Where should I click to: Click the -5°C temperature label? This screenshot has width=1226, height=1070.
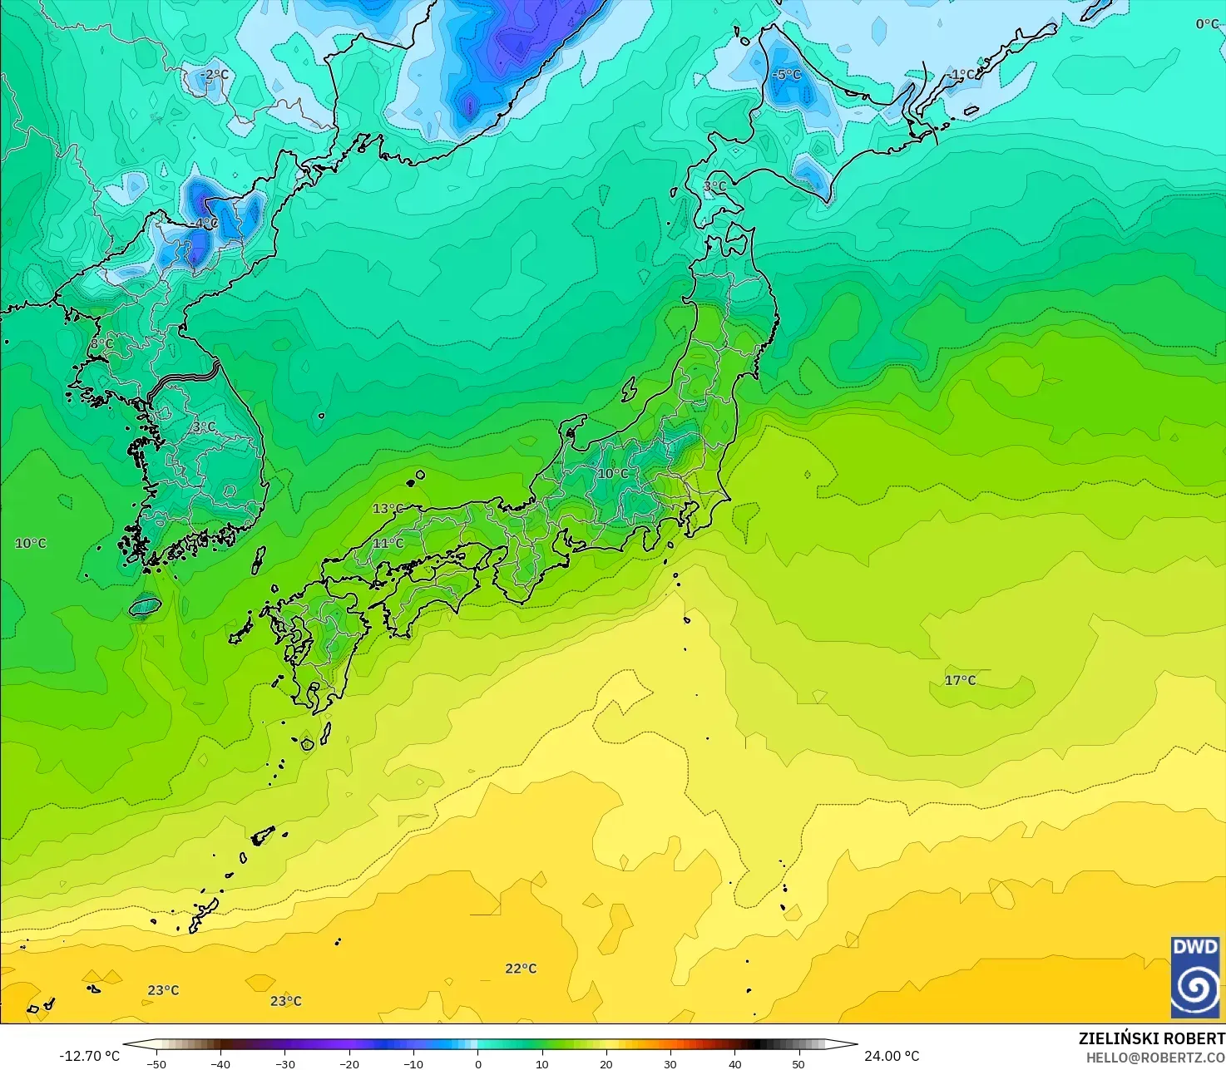786,75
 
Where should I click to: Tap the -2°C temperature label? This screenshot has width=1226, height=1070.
215,75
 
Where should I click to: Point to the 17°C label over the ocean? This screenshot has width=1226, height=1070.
960,680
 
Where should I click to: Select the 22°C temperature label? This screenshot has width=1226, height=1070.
521,969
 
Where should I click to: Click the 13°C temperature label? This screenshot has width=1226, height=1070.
388,509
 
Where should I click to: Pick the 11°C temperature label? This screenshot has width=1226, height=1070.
388,544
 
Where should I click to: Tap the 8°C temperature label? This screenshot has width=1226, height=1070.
101,343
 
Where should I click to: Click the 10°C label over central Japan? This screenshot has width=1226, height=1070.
613,474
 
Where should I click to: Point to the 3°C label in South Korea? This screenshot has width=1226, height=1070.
204,427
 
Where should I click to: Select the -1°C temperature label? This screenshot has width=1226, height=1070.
962,75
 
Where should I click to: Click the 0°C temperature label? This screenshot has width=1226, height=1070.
1207,24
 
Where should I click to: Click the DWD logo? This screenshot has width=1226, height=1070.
1194,977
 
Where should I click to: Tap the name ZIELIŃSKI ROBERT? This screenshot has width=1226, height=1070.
1151,1038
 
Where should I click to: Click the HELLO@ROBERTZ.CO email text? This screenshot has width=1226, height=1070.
1155,1057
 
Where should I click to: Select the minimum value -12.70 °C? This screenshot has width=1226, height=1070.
89,1056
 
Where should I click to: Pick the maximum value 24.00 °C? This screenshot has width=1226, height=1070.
892,1056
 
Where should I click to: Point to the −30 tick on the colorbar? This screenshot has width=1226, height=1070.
284,1064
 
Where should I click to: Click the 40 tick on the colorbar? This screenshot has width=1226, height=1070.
734,1064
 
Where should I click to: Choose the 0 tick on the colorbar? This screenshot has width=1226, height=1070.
477,1064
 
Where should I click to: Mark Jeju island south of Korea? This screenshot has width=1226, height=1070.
145,607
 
